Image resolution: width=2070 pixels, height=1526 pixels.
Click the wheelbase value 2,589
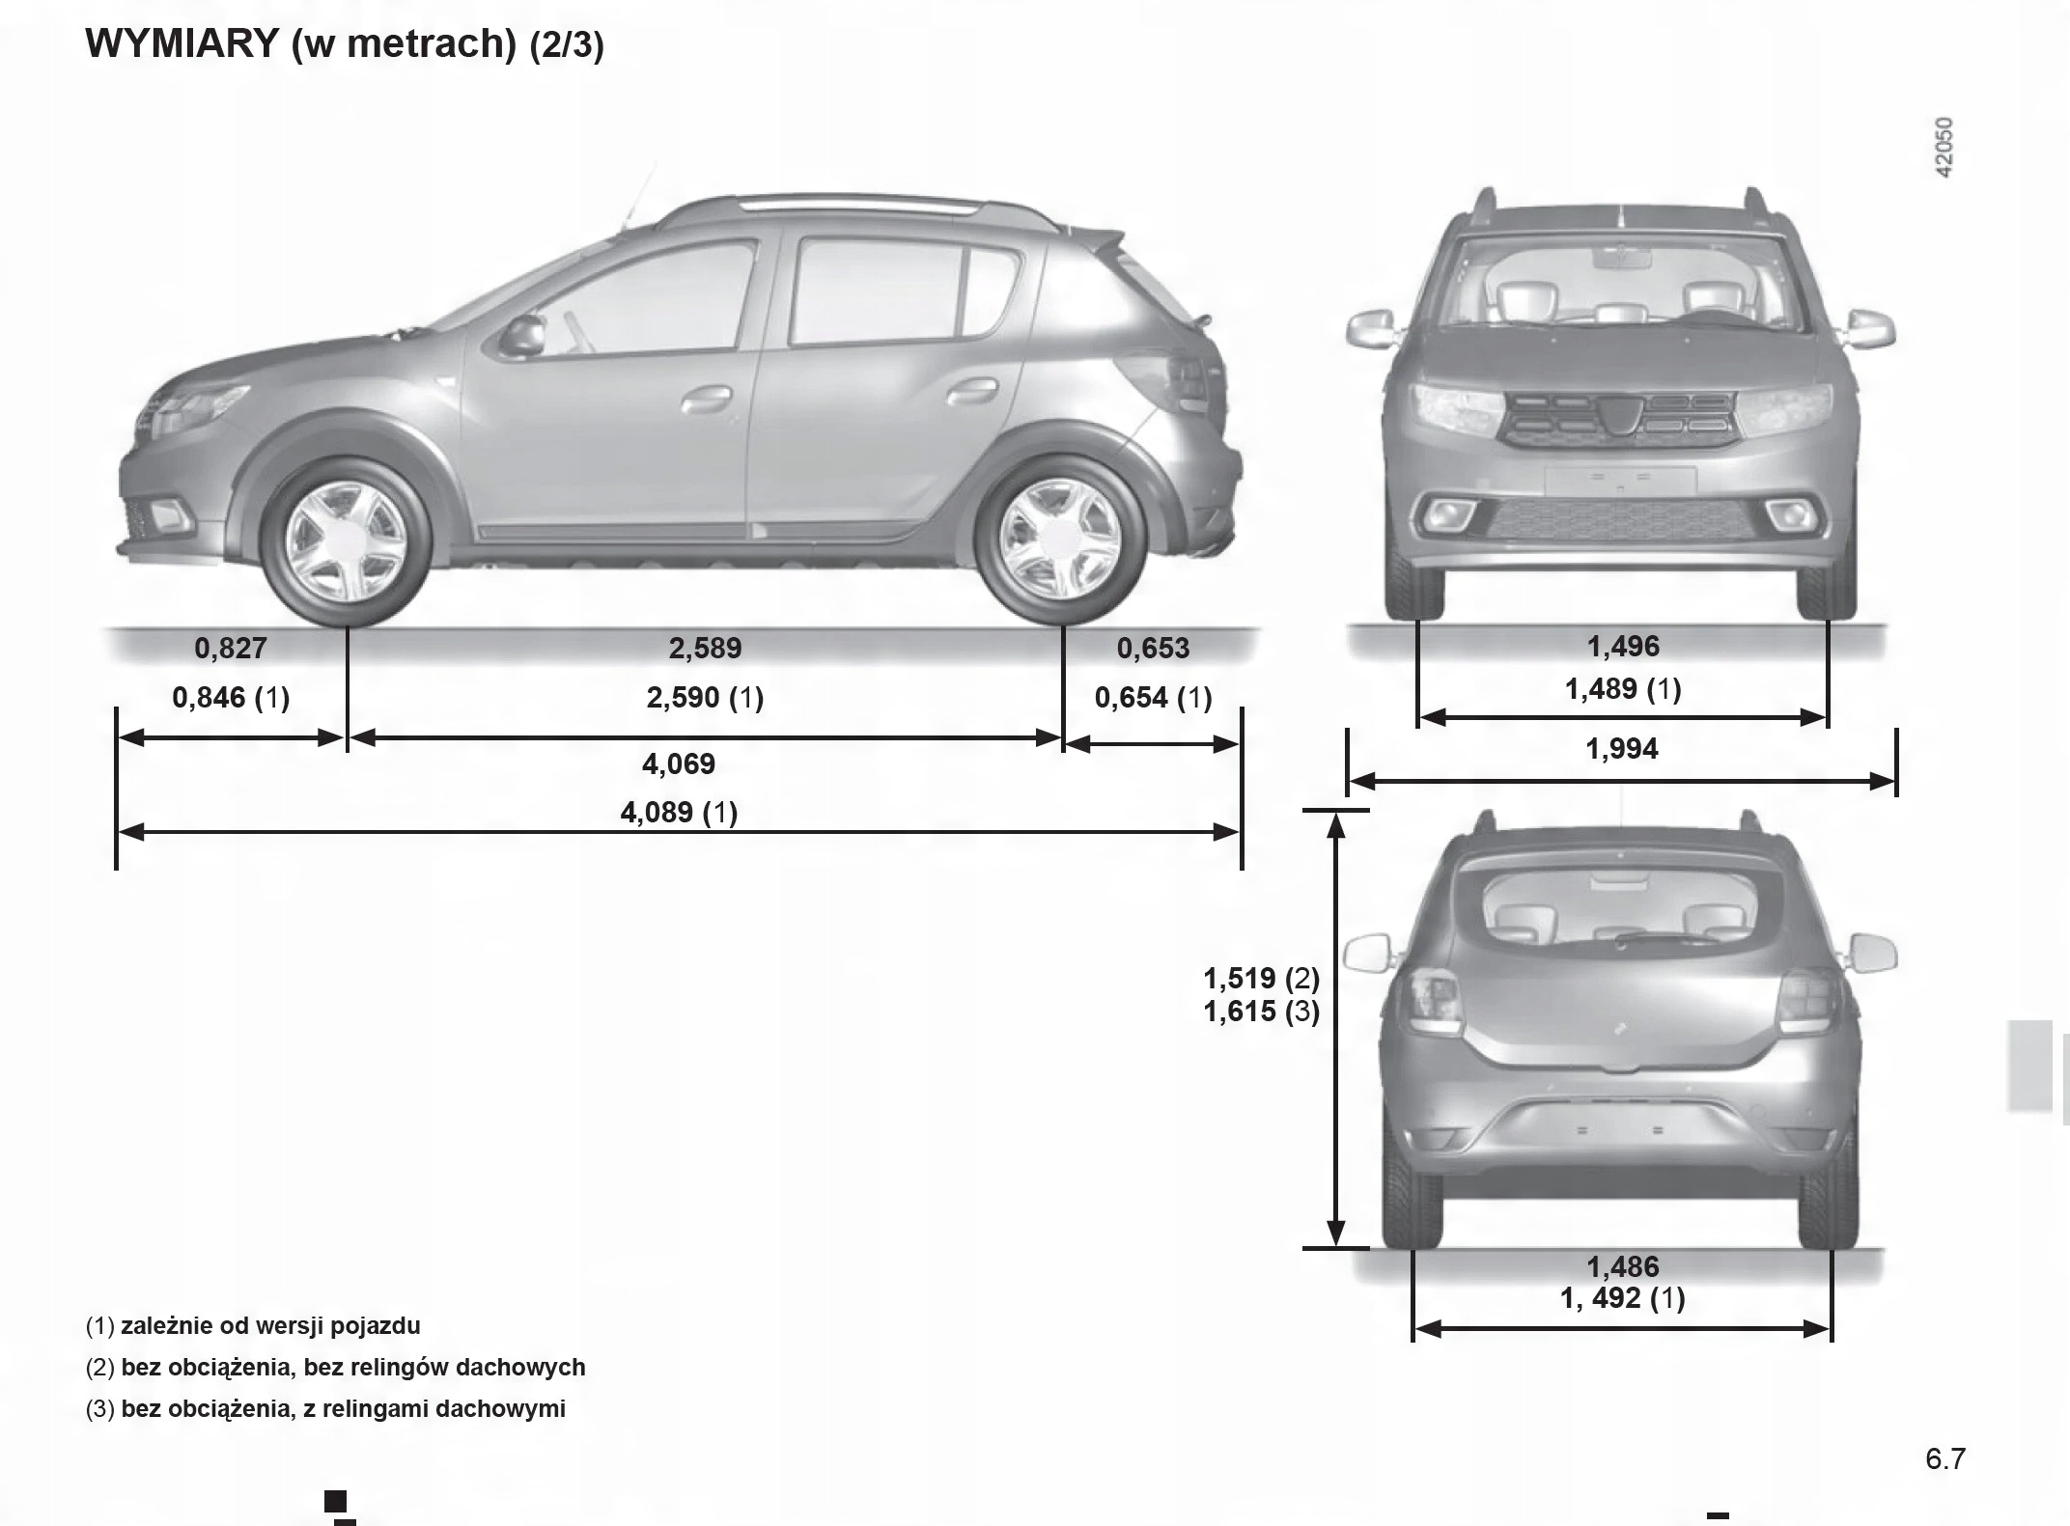(x=705, y=648)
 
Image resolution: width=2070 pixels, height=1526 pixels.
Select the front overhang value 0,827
(x=230, y=648)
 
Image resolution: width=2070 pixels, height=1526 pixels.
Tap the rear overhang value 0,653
(x=1153, y=648)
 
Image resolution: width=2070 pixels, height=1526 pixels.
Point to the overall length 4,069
(x=679, y=763)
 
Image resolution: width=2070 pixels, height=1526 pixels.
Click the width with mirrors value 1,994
(x=1622, y=748)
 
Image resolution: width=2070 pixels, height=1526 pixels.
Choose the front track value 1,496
(x=1623, y=646)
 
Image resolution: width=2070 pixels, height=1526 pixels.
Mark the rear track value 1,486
(x=1623, y=1266)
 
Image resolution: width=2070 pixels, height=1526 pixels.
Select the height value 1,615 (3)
(x=1261, y=1012)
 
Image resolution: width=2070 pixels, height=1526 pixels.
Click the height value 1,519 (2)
(x=1261, y=979)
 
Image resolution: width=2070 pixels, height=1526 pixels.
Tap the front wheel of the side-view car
(x=346, y=543)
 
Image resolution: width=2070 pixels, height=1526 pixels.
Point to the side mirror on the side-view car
(x=522, y=335)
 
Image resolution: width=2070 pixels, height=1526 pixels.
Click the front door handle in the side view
(x=707, y=397)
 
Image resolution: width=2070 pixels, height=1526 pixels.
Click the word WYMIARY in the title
(x=182, y=44)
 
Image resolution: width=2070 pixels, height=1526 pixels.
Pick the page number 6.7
(x=1944, y=1458)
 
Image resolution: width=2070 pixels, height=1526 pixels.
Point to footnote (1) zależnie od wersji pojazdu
(x=253, y=1325)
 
